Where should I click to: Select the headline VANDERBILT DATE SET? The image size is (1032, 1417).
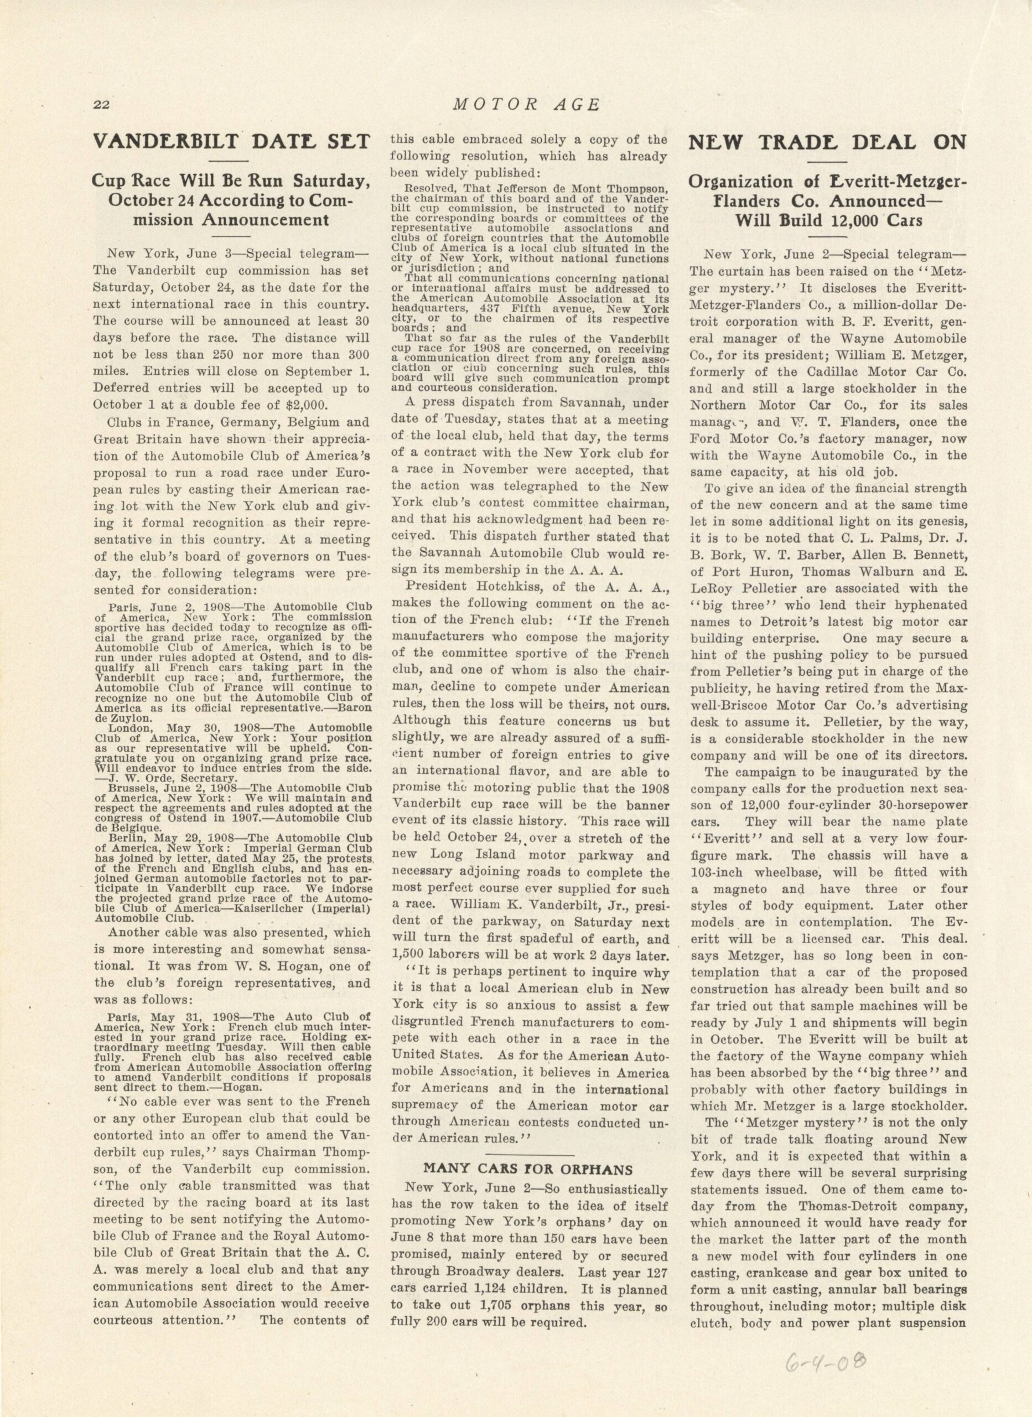coord(231,142)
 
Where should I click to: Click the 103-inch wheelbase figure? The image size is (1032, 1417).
coord(720,872)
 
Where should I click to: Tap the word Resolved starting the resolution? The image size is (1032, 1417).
coord(431,188)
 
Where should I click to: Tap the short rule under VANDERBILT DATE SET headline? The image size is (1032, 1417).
coord(231,162)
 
